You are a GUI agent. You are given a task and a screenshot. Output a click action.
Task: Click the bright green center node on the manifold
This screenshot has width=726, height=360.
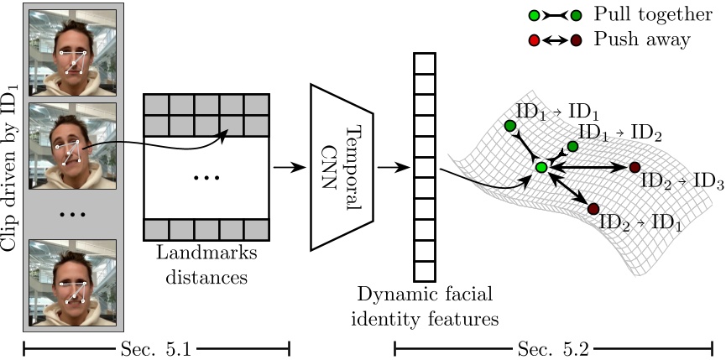pos(541,169)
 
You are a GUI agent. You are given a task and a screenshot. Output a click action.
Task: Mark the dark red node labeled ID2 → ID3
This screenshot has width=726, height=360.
pos(635,168)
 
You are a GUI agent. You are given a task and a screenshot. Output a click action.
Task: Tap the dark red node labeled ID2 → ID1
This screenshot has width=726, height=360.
pos(593,208)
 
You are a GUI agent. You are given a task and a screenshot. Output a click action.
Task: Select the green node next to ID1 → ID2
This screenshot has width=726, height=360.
pos(572,147)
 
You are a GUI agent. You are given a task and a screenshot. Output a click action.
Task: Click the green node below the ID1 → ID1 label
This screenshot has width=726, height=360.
pos(509,126)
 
